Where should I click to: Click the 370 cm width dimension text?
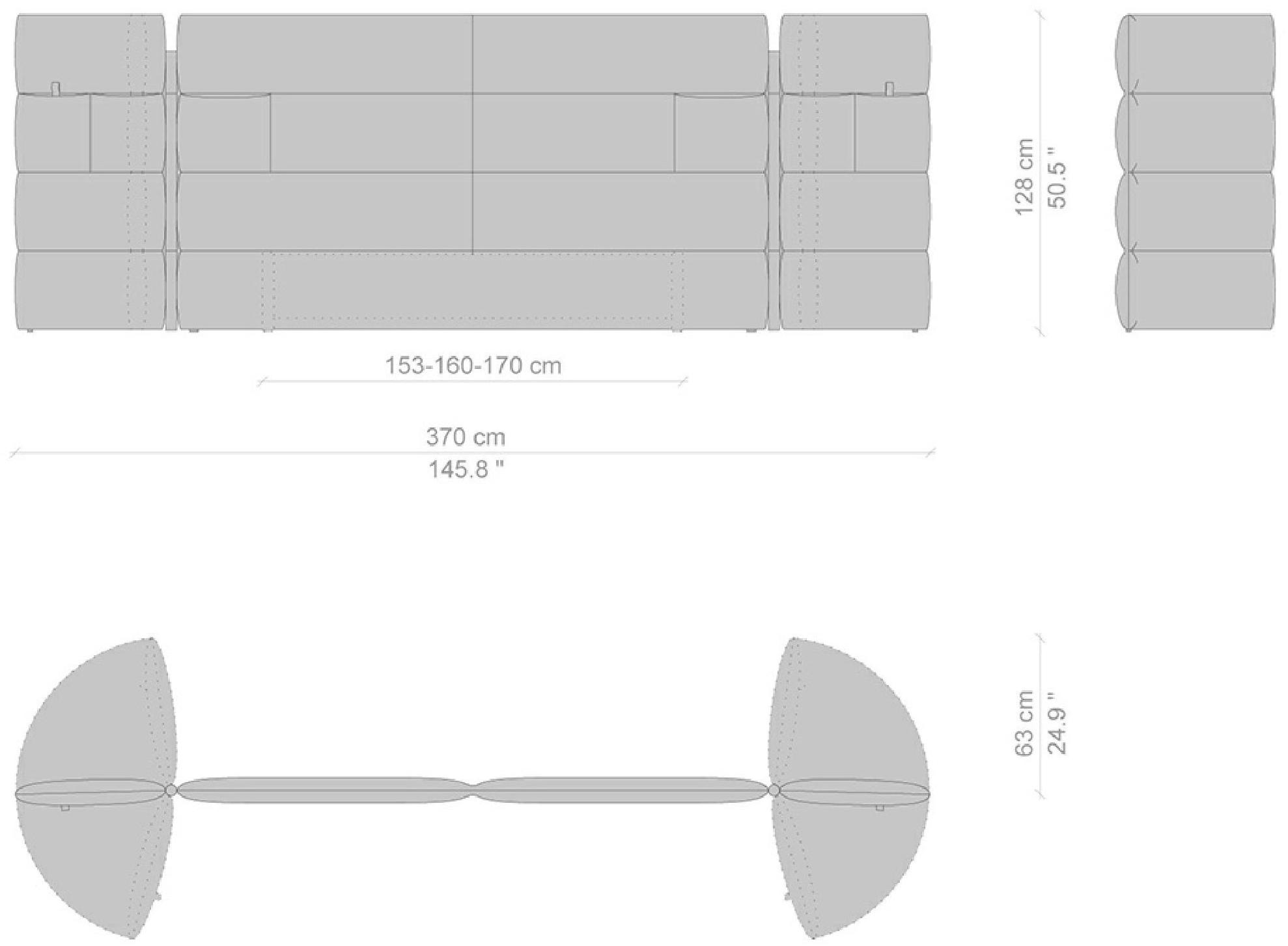click(466, 437)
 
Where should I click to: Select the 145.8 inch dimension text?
click(466, 469)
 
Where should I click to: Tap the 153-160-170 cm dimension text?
click(473, 366)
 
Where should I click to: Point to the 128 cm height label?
click(1024, 176)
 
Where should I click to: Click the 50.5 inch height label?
click(1057, 176)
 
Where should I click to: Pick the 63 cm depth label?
click(1024, 723)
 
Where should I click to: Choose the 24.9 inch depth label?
click(1057, 723)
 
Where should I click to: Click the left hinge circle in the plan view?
click(171, 791)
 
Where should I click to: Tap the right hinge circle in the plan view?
click(774, 791)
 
